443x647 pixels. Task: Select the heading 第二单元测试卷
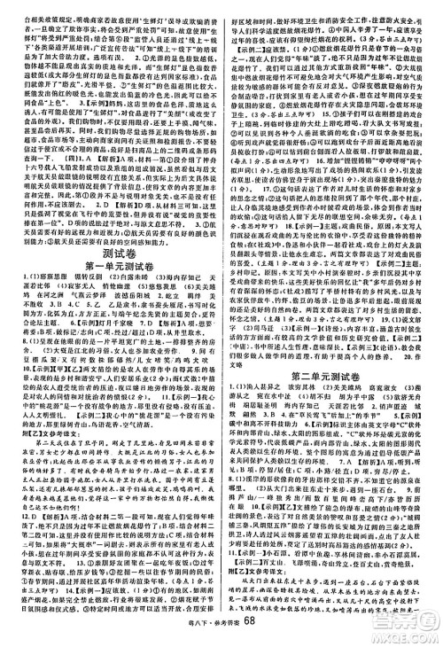(x=333, y=354)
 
